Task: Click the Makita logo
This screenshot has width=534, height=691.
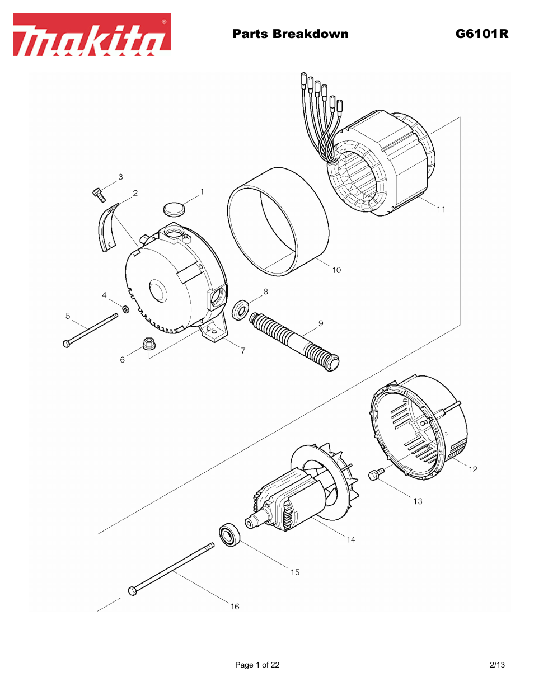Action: click(92, 35)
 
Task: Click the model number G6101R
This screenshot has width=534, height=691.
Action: click(481, 34)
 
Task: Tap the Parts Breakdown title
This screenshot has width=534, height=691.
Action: click(290, 34)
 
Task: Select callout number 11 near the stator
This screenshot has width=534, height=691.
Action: click(441, 209)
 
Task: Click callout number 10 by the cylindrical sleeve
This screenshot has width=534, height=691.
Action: click(336, 270)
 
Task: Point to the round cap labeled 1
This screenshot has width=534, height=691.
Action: click(174, 209)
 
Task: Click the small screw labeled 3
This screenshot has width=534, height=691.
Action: click(99, 194)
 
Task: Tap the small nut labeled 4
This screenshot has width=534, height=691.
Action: click(126, 308)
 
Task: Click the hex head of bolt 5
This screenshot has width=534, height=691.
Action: click(67, 344)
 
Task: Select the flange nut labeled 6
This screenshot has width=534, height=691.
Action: click(148, 343)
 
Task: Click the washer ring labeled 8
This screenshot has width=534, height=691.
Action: click(241, 309)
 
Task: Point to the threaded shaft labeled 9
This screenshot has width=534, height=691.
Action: click(294, 341)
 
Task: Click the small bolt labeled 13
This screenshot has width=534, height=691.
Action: click(375, 474)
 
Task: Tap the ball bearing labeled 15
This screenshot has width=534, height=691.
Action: click(229, 535)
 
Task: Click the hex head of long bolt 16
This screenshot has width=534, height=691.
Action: click(133, 590)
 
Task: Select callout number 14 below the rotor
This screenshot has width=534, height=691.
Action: click(351, 539)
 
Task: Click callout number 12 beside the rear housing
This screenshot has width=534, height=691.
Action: click(473, 469)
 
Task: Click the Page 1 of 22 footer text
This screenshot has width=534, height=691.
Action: click(257, 665)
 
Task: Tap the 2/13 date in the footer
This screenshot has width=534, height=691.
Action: click(497, 665)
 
